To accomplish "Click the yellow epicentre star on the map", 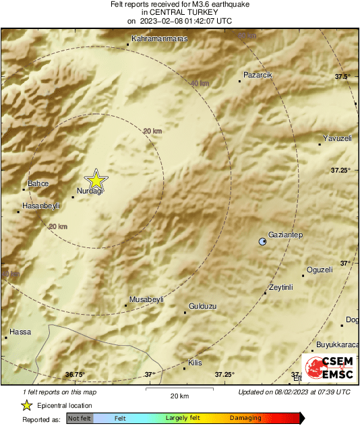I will click(x=96, y=180).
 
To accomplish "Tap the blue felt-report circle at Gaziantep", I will click(x=264, y=241).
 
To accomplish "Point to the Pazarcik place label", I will click(x=258, y=74).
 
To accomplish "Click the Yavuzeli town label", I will click(x=338, y=138).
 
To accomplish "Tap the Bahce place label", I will click(x=38, y=183).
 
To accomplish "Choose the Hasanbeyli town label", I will click(x=42, y=205).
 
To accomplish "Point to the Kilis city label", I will click(x=194, y=363).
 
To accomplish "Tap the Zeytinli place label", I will click(x=280, y=287).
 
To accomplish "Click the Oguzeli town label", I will click(x=320, y=270).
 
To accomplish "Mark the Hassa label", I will click(x=21, y=332).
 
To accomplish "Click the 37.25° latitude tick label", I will click(x=339, y=170).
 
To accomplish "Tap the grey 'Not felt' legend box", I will click(x=80, y=418).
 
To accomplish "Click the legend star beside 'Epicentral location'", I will click(x=26, y=405).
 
